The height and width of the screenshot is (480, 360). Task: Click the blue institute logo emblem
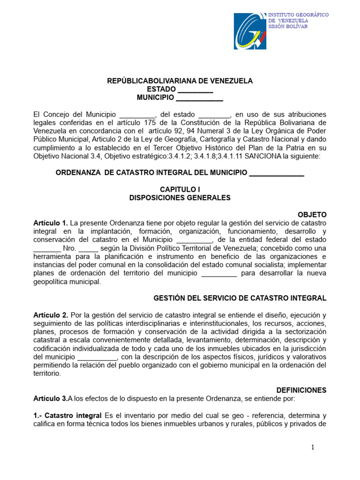(x=249, y=31)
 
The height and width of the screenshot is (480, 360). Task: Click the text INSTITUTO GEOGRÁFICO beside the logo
(x=298, y=15)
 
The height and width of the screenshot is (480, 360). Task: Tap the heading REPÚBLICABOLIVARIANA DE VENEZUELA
(x=180, y=81)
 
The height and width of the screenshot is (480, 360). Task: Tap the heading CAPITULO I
(x=180, y=189)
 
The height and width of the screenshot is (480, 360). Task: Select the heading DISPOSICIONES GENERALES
(x=180, y=198)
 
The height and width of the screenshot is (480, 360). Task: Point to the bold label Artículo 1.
(x=51, y=223)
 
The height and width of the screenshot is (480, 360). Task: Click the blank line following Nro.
(x=89, y=248)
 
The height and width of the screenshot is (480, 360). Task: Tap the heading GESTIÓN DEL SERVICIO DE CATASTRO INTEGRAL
(x=240, y=298)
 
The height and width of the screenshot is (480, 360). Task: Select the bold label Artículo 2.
(x=51, y=315)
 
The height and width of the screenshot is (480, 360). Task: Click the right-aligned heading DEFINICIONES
(x=301, y=390)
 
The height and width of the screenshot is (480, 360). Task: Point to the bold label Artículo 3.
(x=50, y=398)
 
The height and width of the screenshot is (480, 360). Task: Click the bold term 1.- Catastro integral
(x=67, y=415)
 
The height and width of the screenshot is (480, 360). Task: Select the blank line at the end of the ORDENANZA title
(x=277, y=173)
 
